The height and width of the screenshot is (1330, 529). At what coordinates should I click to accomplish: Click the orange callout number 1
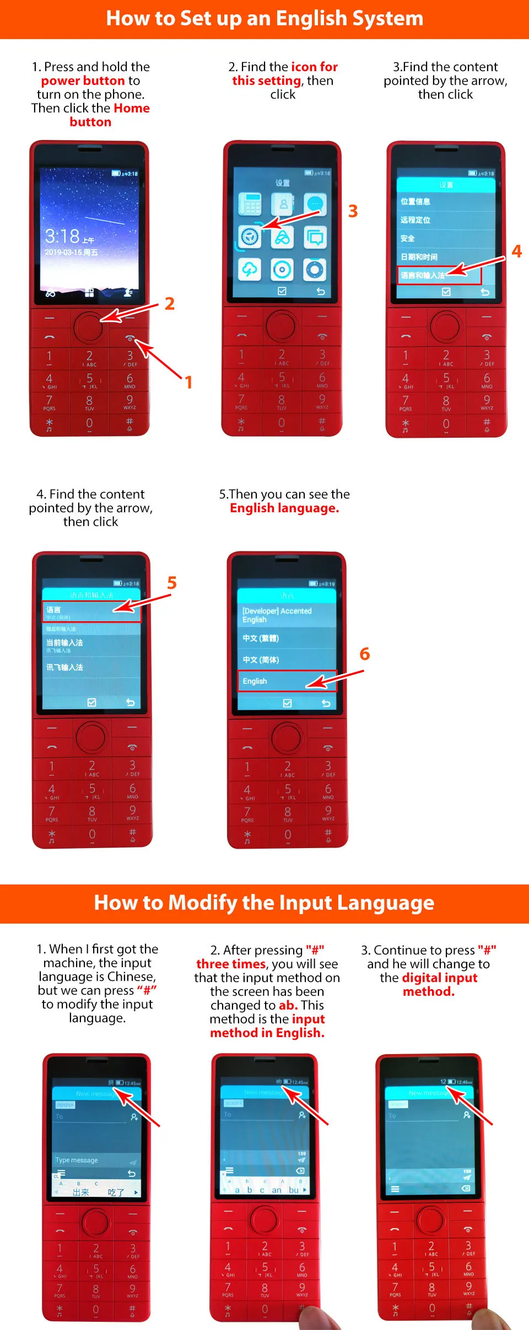(188, 382)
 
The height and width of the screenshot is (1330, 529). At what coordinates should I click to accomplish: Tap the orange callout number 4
(516, 251)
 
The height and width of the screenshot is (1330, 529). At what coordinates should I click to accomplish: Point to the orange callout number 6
(364, 654)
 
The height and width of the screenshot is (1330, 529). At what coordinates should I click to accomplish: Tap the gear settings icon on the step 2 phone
(250, 237)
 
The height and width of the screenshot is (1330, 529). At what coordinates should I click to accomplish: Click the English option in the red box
(255, 681)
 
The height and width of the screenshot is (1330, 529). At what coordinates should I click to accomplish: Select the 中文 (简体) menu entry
(261, 660)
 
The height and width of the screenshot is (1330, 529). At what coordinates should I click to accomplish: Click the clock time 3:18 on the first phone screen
(62, 236)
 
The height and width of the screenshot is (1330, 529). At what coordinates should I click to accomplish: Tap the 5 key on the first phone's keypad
(89, 379)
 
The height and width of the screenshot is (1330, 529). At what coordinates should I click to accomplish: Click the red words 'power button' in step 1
(83, 80)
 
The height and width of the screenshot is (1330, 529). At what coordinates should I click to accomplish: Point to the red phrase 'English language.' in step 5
(284, 508)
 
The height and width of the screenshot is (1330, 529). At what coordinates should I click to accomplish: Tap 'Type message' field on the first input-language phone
(77, 1160)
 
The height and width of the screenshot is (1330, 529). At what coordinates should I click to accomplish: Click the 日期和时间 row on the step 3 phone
(419, 257)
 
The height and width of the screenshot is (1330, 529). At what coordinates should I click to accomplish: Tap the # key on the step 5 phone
(328, 834)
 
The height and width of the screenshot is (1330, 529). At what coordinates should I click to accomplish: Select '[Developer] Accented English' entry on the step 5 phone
(277, 615)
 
